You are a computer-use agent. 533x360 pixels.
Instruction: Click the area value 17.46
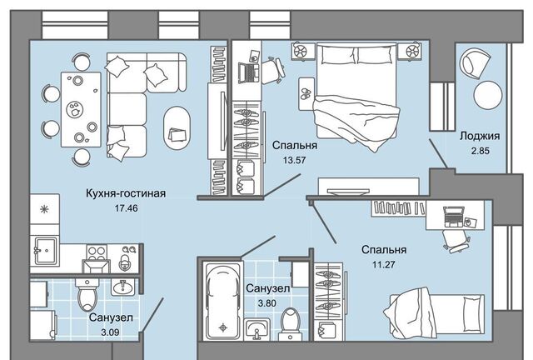(126, 207)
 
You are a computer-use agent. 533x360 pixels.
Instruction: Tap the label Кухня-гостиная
(126, 193)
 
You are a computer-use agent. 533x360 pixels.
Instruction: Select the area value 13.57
(295, 160)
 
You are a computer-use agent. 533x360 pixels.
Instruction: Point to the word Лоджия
(480, 136)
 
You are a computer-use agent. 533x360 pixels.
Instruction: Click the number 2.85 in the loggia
(480, 150)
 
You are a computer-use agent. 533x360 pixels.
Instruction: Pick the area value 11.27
(384, 264)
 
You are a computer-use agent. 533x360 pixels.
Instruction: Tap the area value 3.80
(267, 302)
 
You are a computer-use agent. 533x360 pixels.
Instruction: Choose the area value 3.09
(110, 332)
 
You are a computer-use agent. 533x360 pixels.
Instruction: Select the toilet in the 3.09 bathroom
(87, 293)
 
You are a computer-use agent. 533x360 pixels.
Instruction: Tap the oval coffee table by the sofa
(177, 128)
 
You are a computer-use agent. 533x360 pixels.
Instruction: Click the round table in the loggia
(488, 95)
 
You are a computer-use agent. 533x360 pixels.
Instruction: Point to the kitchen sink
(46, 251)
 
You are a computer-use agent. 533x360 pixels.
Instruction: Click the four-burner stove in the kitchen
(97, 253)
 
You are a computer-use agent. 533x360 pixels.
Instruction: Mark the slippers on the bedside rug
(306, 93)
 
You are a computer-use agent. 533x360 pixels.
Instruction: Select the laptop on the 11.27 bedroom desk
(453, 217)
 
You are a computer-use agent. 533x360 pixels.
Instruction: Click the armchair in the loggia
(475, 63)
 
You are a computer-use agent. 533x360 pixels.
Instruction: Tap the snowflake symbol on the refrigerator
(44, 209)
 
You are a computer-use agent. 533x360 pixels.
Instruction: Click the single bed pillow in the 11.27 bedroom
(474, 314)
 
